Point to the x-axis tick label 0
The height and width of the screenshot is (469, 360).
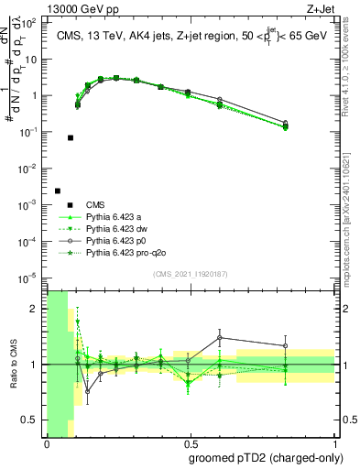pyautogui.click(x=47, y=443)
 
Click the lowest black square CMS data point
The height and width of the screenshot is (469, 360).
pyautogui.click(x=58, y=191)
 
